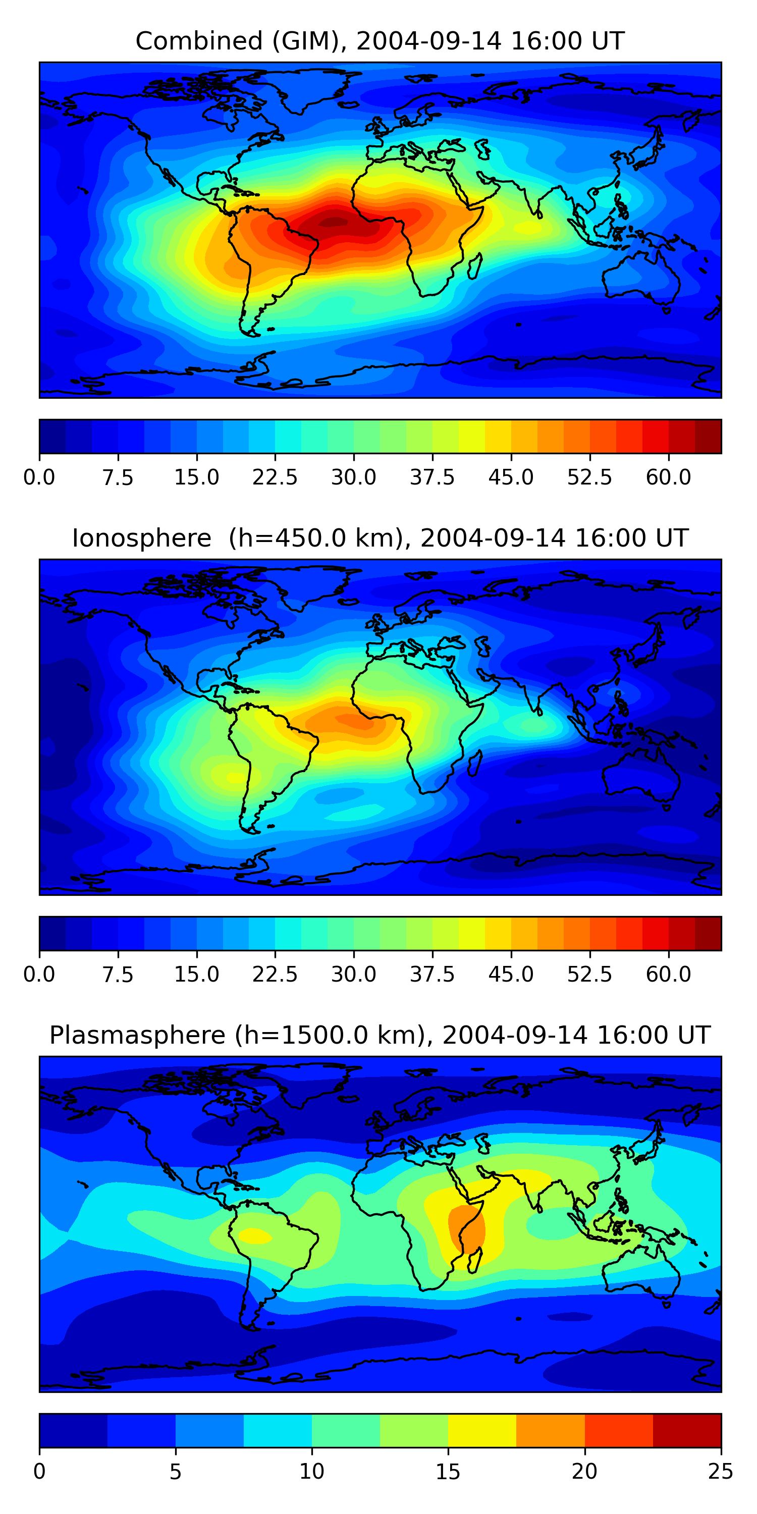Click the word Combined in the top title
[x=199, y=41]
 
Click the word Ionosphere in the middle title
[x=141, y=538]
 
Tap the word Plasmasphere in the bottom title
[x=137, y=1035]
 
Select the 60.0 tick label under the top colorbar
[x=668, y=477]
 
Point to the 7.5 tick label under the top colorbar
[x=118, y=477]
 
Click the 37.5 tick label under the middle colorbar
[x=432, y=975]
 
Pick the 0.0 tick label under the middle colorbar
[x=39, y=975]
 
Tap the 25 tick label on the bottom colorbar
[x=721, y=1472]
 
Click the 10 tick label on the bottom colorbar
[x=311, y=1472]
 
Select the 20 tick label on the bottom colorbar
[x=584, y=1472]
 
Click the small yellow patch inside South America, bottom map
[x=255, y=1235]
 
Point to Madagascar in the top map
[x=475, y=265]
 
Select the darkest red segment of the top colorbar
[x=708, y=437]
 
